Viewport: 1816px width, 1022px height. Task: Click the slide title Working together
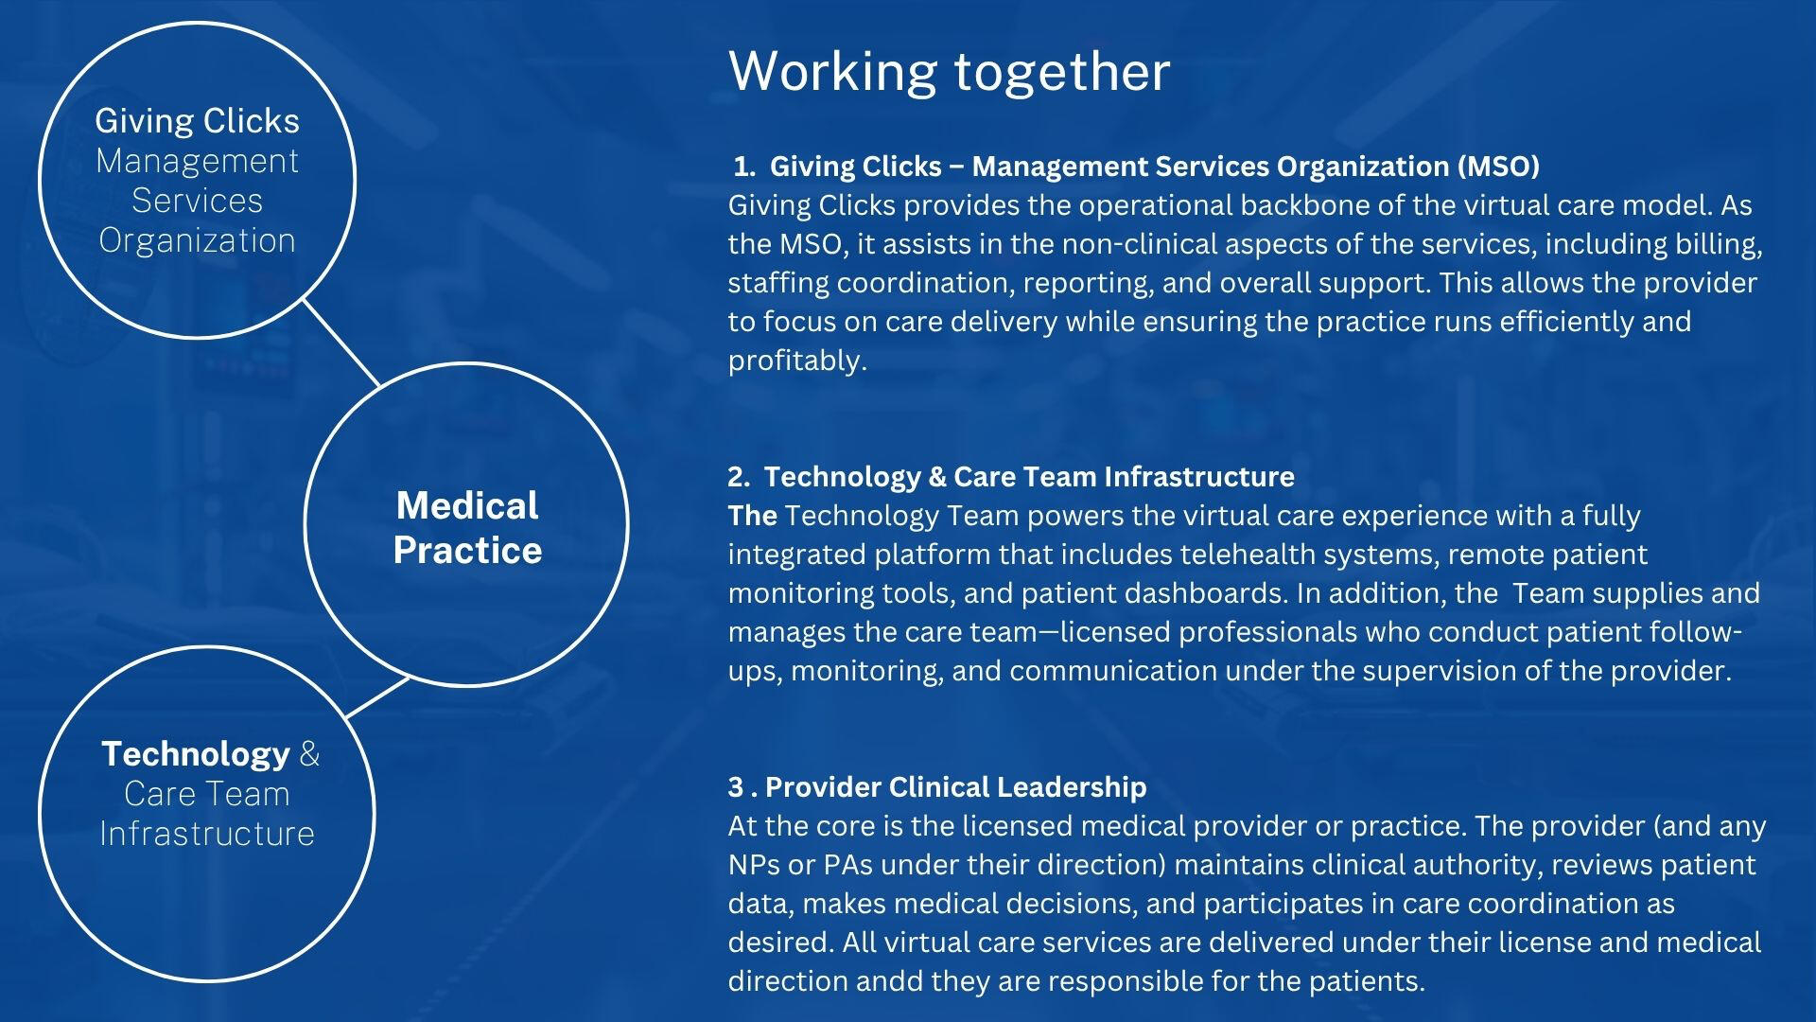point(949,71)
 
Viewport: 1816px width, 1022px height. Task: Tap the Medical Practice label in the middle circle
point(467,527)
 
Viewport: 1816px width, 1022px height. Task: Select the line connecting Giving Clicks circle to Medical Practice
point(341,343)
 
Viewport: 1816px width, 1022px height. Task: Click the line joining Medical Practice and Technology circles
point(378,697)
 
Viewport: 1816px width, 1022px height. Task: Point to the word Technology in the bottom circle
point(196,753)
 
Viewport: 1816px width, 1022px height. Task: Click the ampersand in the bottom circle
point(309,754)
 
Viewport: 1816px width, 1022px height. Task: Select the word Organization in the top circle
point(197,240)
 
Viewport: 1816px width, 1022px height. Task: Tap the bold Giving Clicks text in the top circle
point(197,120)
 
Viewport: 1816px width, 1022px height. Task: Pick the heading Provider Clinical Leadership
point(955,786)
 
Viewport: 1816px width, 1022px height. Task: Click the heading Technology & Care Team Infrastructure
point(1029,476)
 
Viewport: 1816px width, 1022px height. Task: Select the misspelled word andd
point(889,980)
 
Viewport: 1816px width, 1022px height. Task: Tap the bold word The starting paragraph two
point(753,515)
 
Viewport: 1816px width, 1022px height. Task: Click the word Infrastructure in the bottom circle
point(207,834)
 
